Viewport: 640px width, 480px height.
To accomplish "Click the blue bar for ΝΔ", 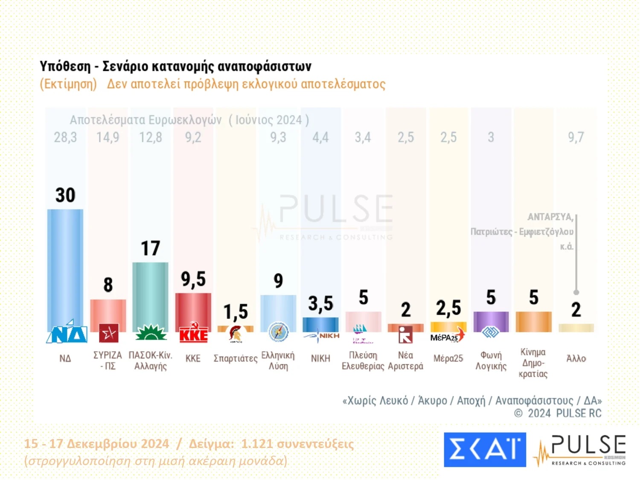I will [65, 265].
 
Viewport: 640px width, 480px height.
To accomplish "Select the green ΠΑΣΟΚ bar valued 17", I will [150, 294].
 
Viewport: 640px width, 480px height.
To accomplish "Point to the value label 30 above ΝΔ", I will [65, 195].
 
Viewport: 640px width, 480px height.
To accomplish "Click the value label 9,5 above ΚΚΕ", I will [193, 279].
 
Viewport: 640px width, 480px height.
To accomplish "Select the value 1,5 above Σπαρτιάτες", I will [236, 312].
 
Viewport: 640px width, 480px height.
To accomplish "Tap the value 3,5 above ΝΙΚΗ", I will [320, 304].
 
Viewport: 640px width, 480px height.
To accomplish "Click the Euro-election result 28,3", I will [65, 137].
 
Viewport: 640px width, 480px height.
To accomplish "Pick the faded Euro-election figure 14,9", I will [108, 137].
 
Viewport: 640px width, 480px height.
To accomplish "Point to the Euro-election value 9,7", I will [576, 137].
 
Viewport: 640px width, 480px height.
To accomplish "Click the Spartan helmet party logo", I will [235, 334].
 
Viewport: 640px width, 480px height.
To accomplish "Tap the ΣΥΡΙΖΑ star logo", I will [108, 333].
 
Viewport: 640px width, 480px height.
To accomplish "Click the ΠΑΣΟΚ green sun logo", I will [151, 333].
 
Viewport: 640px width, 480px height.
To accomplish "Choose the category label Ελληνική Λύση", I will [278, 361].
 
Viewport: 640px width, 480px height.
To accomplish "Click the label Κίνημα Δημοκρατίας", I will [533, 363].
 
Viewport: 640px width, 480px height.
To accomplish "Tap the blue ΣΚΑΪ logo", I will [485, 450].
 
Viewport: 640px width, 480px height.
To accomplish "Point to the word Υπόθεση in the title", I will [65, 67].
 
